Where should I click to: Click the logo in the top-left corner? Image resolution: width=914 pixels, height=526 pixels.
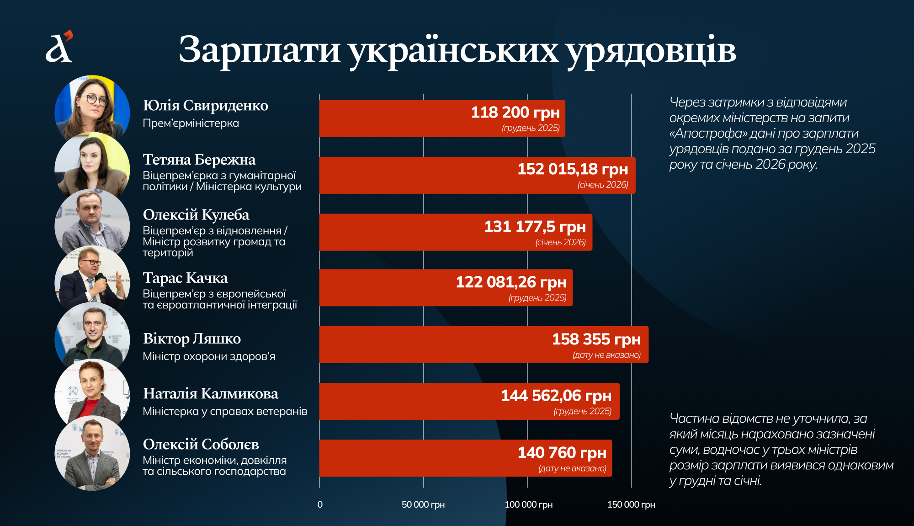59,47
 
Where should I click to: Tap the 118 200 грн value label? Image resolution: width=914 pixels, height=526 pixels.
515,113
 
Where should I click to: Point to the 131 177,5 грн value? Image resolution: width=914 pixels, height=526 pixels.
535,227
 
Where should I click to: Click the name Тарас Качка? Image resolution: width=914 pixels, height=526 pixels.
185,278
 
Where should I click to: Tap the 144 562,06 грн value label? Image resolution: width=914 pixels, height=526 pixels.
556,396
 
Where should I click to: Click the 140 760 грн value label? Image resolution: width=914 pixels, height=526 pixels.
562,453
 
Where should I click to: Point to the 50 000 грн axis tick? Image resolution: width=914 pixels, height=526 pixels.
423,505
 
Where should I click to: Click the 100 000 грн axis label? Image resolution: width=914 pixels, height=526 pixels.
528,505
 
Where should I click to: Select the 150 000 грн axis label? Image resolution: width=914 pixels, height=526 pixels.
631,505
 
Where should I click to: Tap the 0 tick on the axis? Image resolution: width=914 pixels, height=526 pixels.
320,505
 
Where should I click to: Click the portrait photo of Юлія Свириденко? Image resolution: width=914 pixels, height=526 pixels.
92,109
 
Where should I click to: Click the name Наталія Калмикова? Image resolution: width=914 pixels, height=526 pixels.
210,394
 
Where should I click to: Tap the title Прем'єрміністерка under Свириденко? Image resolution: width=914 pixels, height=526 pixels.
191,123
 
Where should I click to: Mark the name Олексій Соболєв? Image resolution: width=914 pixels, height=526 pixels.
201,445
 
